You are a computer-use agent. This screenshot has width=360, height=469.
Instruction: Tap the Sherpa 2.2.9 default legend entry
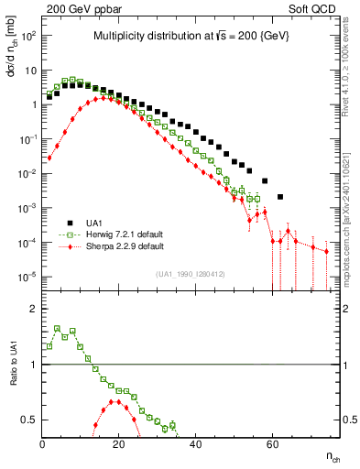coord(126,246)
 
